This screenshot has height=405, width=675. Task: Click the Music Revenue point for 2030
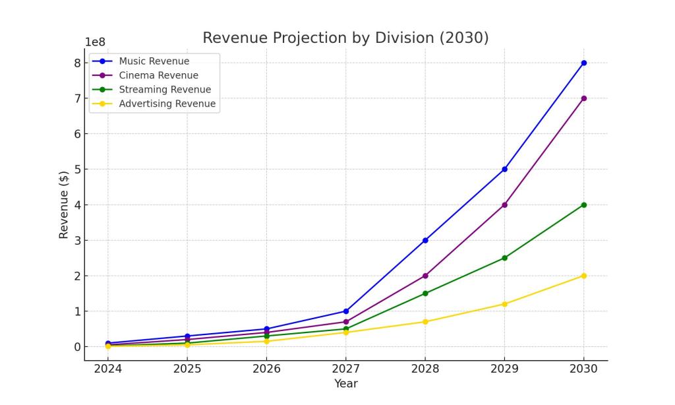(x=583, y=63)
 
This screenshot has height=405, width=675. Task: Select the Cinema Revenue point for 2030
(x=583, y=98)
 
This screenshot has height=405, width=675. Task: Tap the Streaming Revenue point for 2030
(x=583, y=204)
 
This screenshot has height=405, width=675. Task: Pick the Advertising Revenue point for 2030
(x=583, y=276)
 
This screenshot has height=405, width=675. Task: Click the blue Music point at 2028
(x=425, y=240)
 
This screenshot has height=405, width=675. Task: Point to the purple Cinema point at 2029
(x=504, y=204)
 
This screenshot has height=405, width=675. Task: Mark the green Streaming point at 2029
(x=504, y=258)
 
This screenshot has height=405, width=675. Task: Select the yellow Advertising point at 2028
(x=425, y=322)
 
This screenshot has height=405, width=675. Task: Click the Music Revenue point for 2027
(x=346, y=311)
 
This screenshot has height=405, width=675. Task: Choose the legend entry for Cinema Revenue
(x=158, y=76)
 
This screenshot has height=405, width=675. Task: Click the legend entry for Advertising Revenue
(x=167, y=104)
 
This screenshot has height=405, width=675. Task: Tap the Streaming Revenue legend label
(x=165, y=90)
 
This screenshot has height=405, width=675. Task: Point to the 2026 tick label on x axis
(x=266, y=369)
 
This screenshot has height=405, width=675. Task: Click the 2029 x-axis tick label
(x=504, y=369)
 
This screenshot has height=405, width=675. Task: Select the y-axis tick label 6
(x=76, y=134)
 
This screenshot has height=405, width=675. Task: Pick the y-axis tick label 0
(x=76, y=347)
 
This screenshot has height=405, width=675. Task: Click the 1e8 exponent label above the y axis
(x=96, y=42)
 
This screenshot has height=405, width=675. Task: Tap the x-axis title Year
(x=345, y=383)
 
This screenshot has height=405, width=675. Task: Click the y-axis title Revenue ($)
(x=64, y=204)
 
